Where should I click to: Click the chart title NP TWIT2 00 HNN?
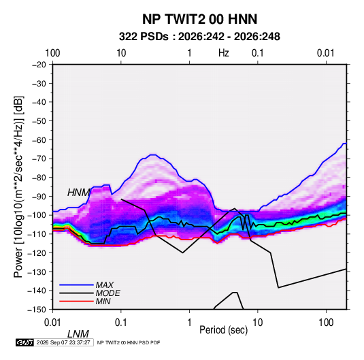click(x=199, y=19)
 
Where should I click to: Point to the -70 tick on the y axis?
click(x=39, y=159)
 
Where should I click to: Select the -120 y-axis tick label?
click(x=37, y=253)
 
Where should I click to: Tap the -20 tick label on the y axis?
click(x=39, y=65)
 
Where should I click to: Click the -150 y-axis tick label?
click(x=37, y=310)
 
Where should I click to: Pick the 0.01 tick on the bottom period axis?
click(x=53, y=323)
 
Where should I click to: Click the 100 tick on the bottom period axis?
click(x=326, y=323)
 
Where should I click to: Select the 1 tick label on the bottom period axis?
click(x=189, y=323)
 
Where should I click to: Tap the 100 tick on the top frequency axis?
click(x=52, y=53)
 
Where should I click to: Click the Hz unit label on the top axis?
click(x=224, y=53)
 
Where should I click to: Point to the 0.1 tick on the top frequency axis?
click(x=258, y=53)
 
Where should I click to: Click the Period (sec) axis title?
click(x=224, y=330)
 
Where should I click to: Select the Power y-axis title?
click(x=18, y=186)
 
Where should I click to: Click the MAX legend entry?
click(x=105, y=285)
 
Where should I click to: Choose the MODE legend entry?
click(x=107, y=293)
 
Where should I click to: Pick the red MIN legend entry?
click(x=103, y=301)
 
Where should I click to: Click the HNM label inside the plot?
click(x=78, y=193)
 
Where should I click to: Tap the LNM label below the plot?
click(x=78, y=334)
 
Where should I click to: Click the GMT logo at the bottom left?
click(x=25, y=342)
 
